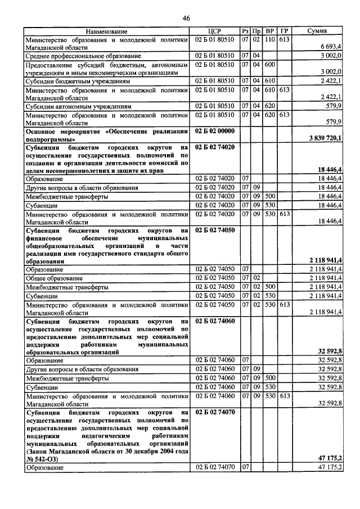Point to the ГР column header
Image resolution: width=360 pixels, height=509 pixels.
coord(284,31)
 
